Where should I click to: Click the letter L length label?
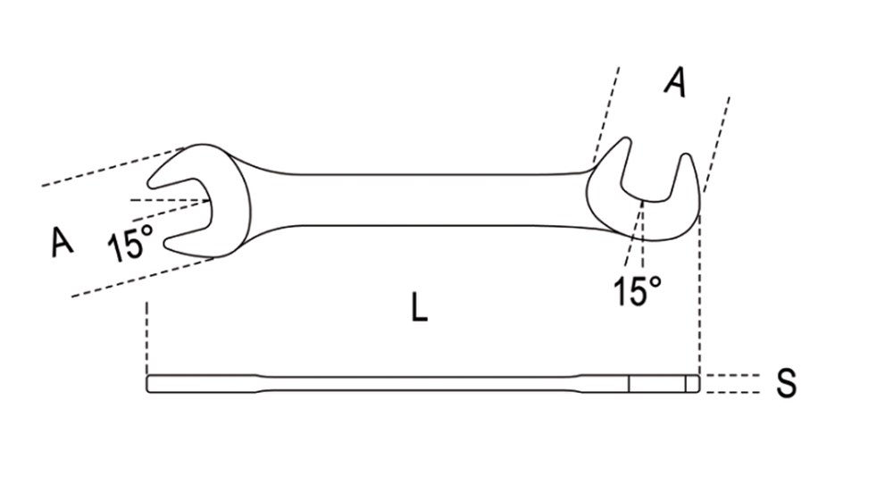[x=419, y=307]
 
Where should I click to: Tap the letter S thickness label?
[x=786, y=383]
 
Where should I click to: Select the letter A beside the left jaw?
[x=63, y=241]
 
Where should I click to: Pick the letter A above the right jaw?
[x=675, y=81]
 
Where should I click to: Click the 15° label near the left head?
[x=130, y=242]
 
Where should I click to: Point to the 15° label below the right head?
[x=638, y=291]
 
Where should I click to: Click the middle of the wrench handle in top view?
[x=419, y=199]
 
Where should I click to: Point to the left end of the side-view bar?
[x=147, y=384]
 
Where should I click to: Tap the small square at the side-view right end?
[x=692, y=384]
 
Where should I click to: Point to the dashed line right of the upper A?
[x=716, y=145]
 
